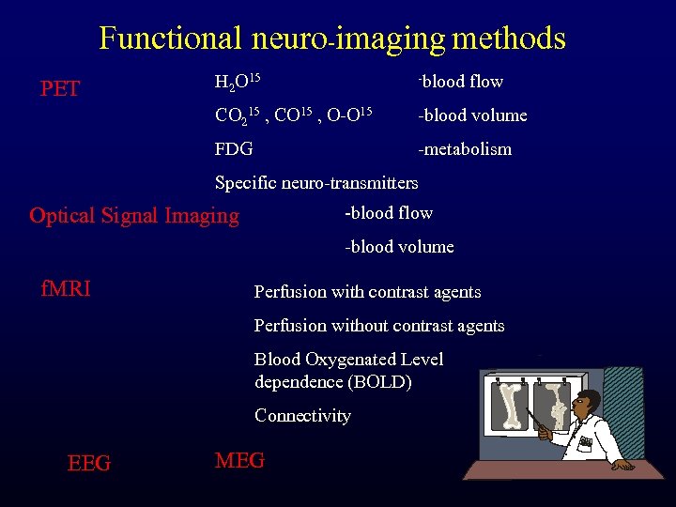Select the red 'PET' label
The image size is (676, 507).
60,89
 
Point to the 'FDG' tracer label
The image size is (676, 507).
234,148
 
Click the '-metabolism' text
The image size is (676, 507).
465,148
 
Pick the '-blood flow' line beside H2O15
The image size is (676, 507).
461,82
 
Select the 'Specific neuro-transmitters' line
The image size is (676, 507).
316,182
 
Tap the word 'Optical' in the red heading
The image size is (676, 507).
63,215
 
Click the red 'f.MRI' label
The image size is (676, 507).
66,288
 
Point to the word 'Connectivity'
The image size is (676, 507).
302,415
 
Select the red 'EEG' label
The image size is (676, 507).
89,463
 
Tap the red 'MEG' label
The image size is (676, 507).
239,460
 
